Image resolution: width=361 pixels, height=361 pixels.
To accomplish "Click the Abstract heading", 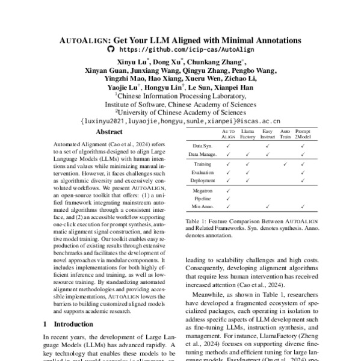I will [109, 132].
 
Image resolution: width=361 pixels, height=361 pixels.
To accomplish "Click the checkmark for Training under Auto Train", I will [285, 163].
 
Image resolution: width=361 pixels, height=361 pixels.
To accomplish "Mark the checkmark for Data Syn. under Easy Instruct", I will [267, 146].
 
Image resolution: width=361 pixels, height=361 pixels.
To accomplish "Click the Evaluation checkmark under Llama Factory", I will [248, 171].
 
